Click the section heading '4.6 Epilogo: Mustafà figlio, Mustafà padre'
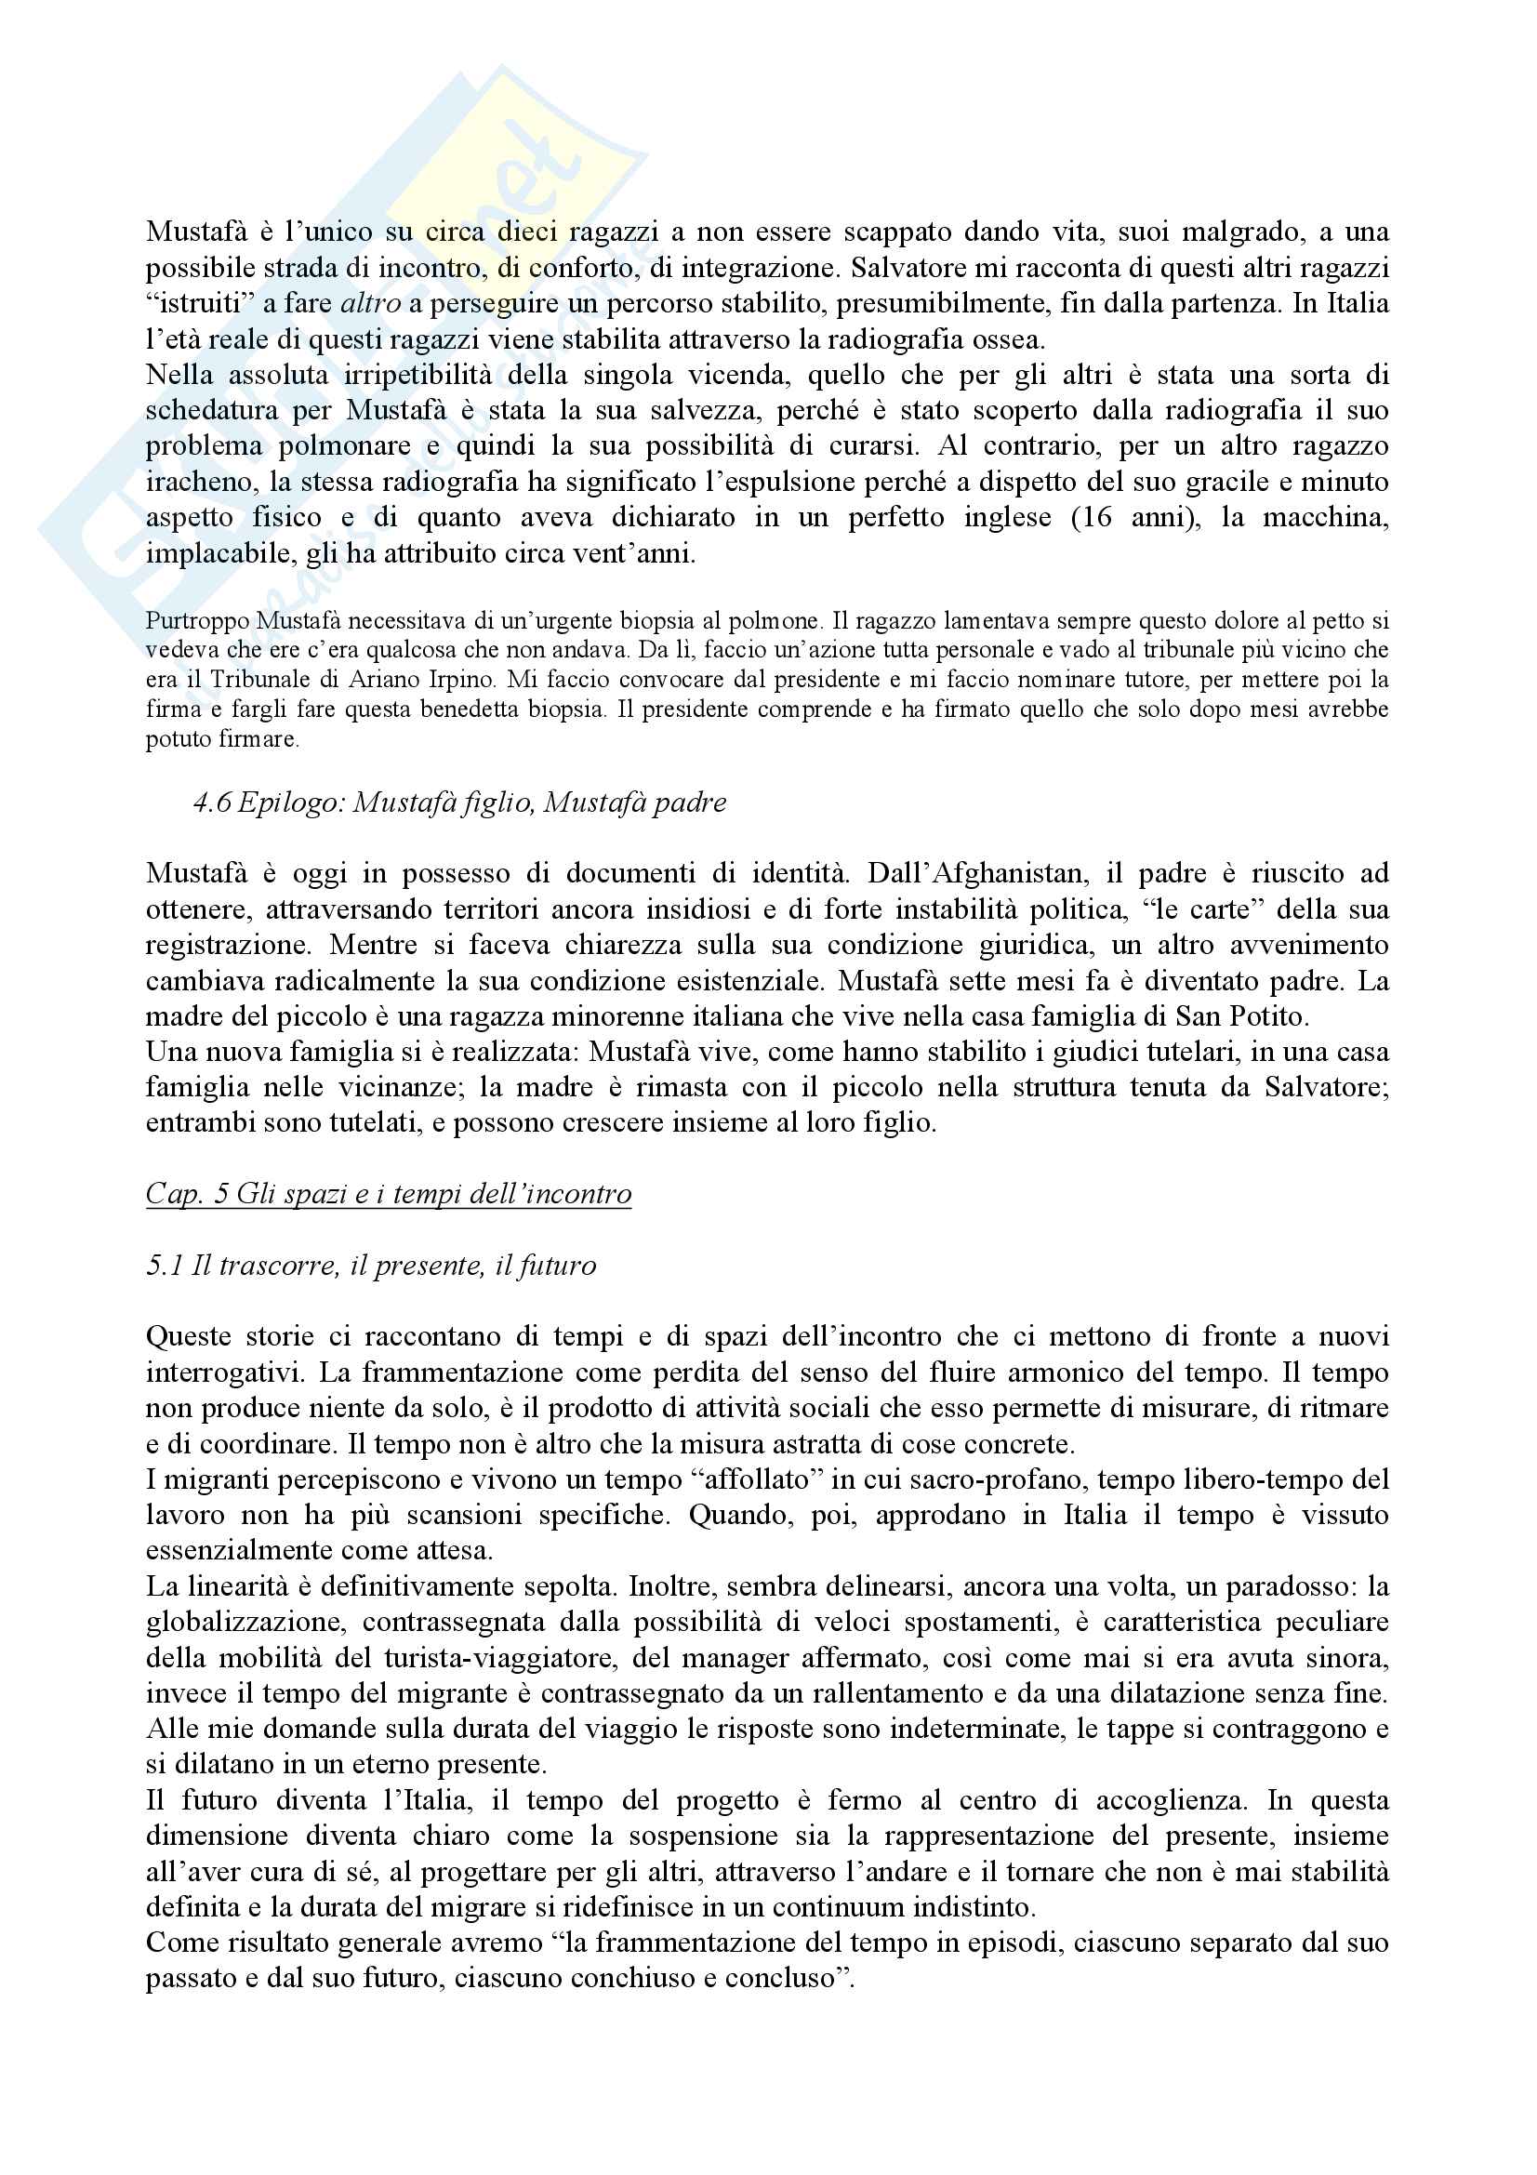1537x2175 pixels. coord(460,802)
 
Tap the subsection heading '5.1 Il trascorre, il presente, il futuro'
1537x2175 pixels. coord(371,1265)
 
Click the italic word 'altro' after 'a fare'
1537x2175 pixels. coord(370,303)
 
